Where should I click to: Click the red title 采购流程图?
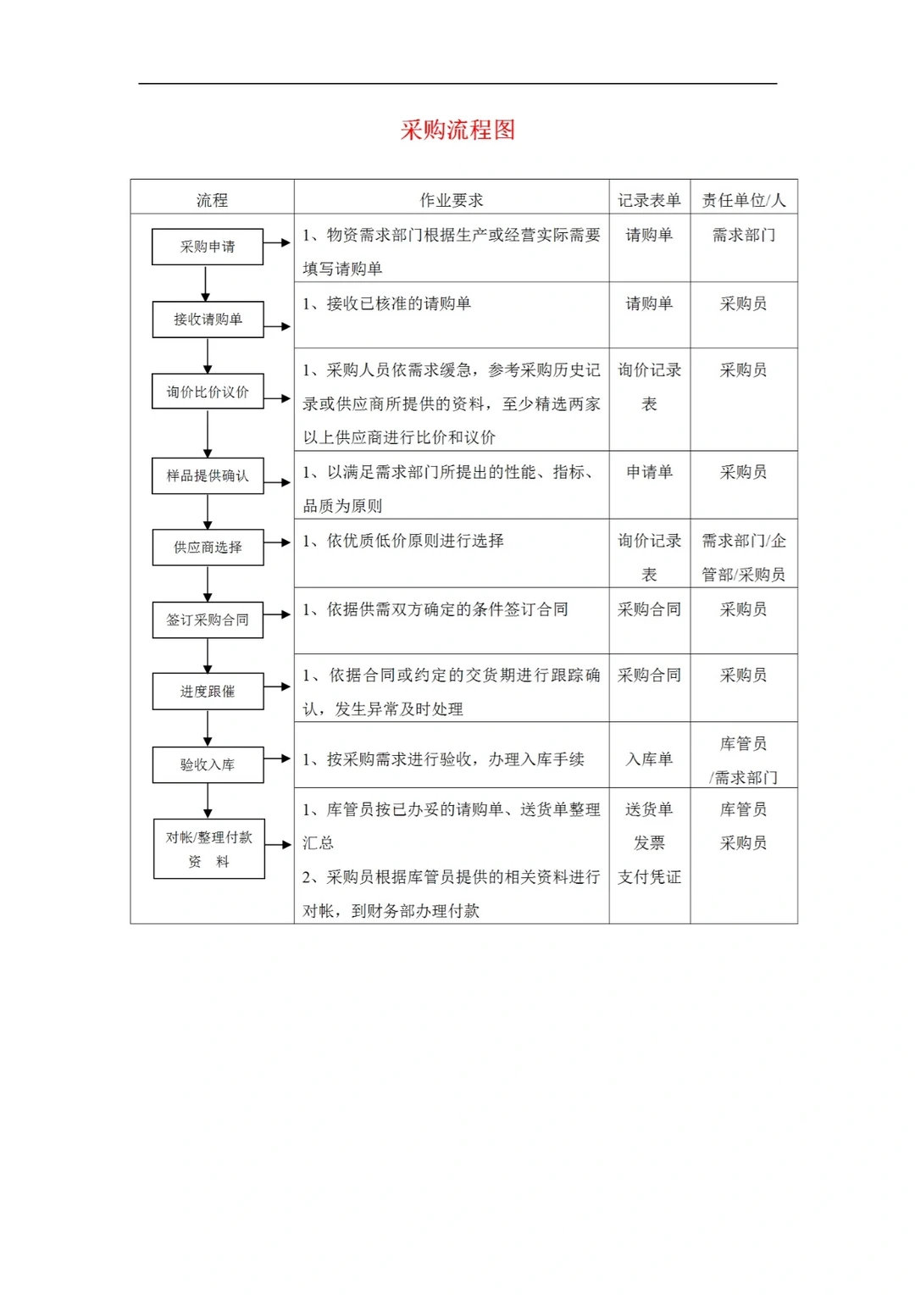point(457,130)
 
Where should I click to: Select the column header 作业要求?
point(451,200)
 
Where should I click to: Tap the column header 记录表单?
point(649,200)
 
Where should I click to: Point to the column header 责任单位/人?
point(743,200)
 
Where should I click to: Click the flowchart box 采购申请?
point(208,247)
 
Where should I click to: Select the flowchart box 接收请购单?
point(208,320)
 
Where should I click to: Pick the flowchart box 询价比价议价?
point(208,392)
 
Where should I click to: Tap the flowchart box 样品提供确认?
point(208,475)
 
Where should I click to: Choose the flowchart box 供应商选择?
point(208,547)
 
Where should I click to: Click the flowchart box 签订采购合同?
point(208,620)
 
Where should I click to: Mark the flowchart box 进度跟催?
point(208,692)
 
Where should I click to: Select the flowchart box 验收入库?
point(208,764)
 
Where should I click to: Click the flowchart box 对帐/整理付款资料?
point(208,848)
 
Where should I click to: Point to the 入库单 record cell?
point(649,759)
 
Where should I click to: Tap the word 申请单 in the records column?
point(649,472)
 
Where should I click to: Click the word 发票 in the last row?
point(649,843)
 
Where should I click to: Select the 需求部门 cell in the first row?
point(743,235)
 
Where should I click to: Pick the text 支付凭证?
point(649,877)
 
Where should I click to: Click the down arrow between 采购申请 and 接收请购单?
point(206,284)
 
